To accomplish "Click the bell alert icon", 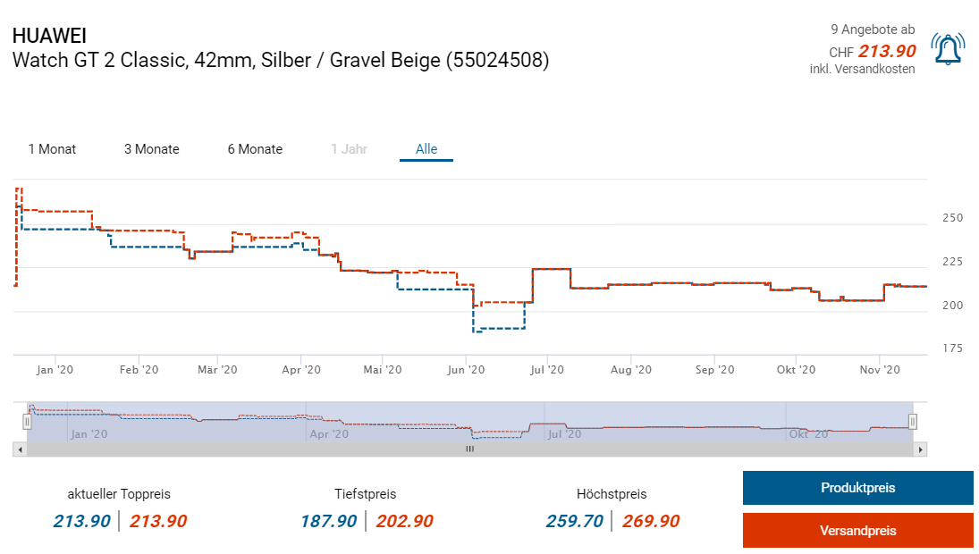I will pyautogui.click(x=948, y=49).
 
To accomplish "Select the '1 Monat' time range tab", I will pyautogui.click(x=52, y=149).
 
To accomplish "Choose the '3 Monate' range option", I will pyautogui.click(x=151, y=149).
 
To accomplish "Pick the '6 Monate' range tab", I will pyautogui.click(x=255, y=149).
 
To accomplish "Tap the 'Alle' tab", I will pyautogui.click(x=426, y=149).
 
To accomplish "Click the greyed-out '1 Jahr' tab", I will pyautogui.click(x=349, y=149).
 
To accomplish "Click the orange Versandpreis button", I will pyautogui.click(x=857, y=530).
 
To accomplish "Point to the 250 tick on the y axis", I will pyautogui.click(x=952, y=218).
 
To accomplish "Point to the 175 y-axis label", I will pyautogui.click(x=952, y=348).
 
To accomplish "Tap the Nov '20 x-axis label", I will pyautogui.click(x=880, y=370).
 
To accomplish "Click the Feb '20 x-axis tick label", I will pyautogui.click(x=139, y=370).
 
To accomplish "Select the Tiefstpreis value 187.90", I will pyautogui.click(x=329, y=521).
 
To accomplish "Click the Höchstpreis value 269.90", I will pyautogui.click(x=651, y=521).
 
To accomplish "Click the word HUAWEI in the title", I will pyautogui.click(x=50, y=37).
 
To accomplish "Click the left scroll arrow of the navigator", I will pyautogui.click(x=19, y=449).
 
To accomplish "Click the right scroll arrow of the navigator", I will pyautogui.click(x=921, y=449).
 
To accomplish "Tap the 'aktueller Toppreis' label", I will pyautogui.click(x=119, y=493).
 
